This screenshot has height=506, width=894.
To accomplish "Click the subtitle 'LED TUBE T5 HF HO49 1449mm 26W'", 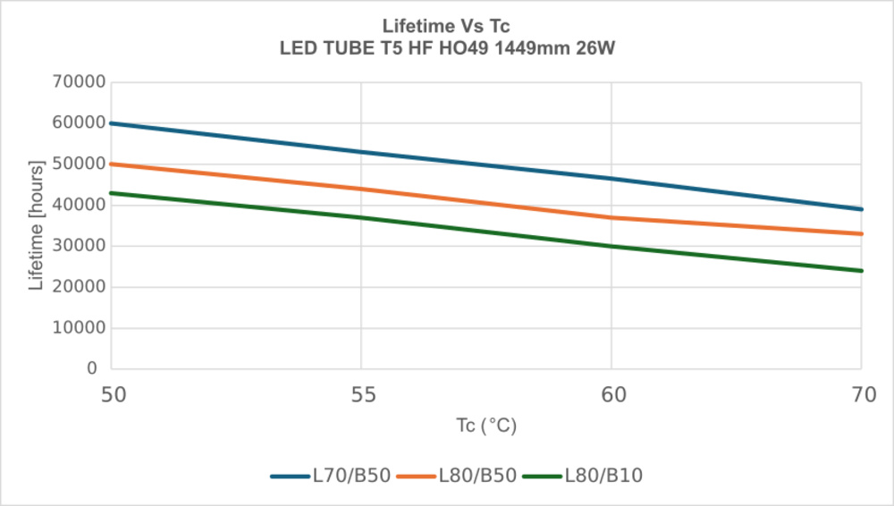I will pyautogui.click(x=446, y=48).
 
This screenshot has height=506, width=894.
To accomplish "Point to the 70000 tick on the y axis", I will pyautogui.click(x=78, y=82).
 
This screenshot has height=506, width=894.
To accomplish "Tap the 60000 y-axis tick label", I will pyautogui.click(x=78, y=123).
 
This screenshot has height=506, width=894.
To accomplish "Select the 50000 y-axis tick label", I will pyautogui.click(x=78, y=164).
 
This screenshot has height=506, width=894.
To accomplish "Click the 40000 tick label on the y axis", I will pyautogui.click(x=78, y=205).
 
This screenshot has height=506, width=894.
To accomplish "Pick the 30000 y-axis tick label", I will pyautogui.click(x=78, y=246).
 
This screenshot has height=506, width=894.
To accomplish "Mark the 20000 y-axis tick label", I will pyautogui.click(x=78, y=287).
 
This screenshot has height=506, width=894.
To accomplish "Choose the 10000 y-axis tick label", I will pyautogui.click(x=78, y=328).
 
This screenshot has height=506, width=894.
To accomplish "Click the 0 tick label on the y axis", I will pyautogui.click(x=92, y=368).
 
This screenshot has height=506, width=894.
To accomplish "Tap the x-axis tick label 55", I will pyautogui.click(x=361, y=394).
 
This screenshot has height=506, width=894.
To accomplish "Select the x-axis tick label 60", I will pyautogui.click(x=611, y=394).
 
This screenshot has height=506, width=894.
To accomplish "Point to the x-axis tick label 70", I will pyautogui.click(x=862, y=394).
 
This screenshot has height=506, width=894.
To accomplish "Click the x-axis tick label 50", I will pyautogui.click(x=111, y=394).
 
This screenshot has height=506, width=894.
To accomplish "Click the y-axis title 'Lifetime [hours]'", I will pyautogui.click(x=37, y=225).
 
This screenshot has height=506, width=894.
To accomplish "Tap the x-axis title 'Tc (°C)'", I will pyautogui.click(x=485, y=426).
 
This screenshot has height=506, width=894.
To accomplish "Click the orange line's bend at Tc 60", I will pyautogui.click(x=611, y=217).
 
